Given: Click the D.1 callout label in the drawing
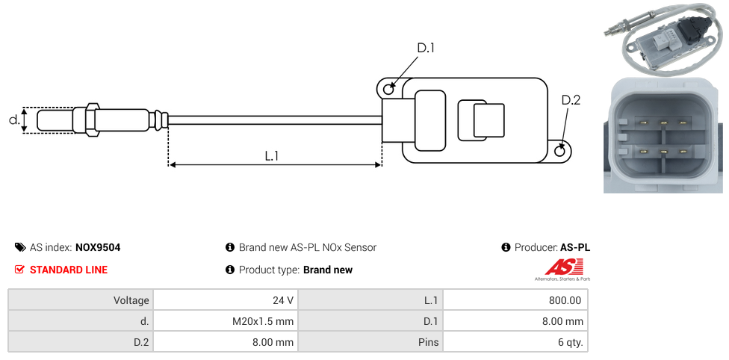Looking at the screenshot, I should pos(426,49).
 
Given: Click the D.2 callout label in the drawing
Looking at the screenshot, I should pos(571,101).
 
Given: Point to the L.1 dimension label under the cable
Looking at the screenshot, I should pos(272,155).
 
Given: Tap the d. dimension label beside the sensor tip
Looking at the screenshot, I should pos(13,120).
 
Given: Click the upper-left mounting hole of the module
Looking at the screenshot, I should pos(388,90).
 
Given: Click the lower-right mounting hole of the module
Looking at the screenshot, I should pos(561,152).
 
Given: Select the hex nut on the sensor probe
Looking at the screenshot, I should pos(93,120).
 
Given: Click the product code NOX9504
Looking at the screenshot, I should pos(98,247).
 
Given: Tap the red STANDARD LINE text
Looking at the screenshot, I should pos(69,270).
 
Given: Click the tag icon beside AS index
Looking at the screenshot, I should pos(20,247).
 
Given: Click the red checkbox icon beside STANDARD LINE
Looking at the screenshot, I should pos(20,270).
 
